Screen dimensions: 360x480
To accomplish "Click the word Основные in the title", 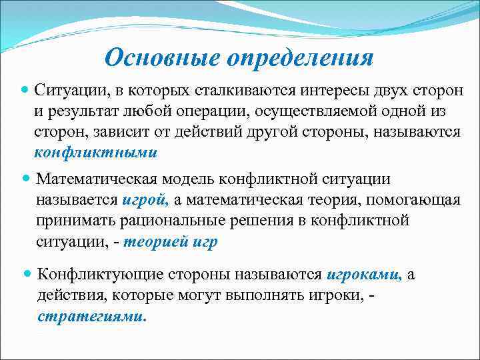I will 164,57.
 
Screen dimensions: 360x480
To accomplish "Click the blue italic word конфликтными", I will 96,152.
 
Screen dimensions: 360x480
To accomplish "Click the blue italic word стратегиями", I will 92,316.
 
